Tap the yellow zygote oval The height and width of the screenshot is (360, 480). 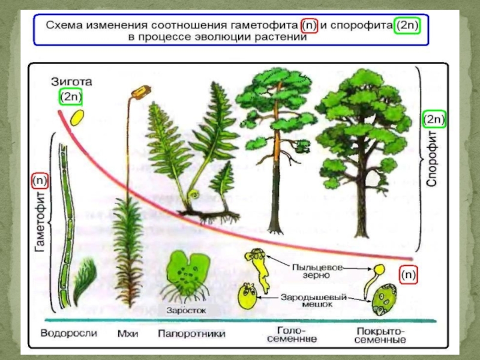(76, 117)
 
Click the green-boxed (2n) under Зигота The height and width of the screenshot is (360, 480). (71, 97)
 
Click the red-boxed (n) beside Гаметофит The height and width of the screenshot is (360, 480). (40, 180)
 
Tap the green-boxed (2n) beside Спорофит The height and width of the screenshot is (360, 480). (434, 120)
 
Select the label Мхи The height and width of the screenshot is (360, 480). (126, 333)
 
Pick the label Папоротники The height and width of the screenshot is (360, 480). (192, 333)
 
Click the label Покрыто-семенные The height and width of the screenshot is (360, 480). (380, 335)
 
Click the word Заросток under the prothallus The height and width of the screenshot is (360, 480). (187, 311)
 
